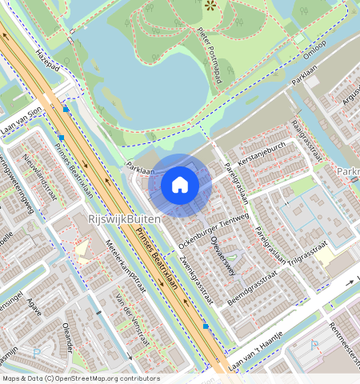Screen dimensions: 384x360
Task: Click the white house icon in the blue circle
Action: (x=180, y=186)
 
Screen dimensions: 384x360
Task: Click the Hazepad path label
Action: (x=49, y=62)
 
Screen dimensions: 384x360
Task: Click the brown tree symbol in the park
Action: (x=210, y=6)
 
